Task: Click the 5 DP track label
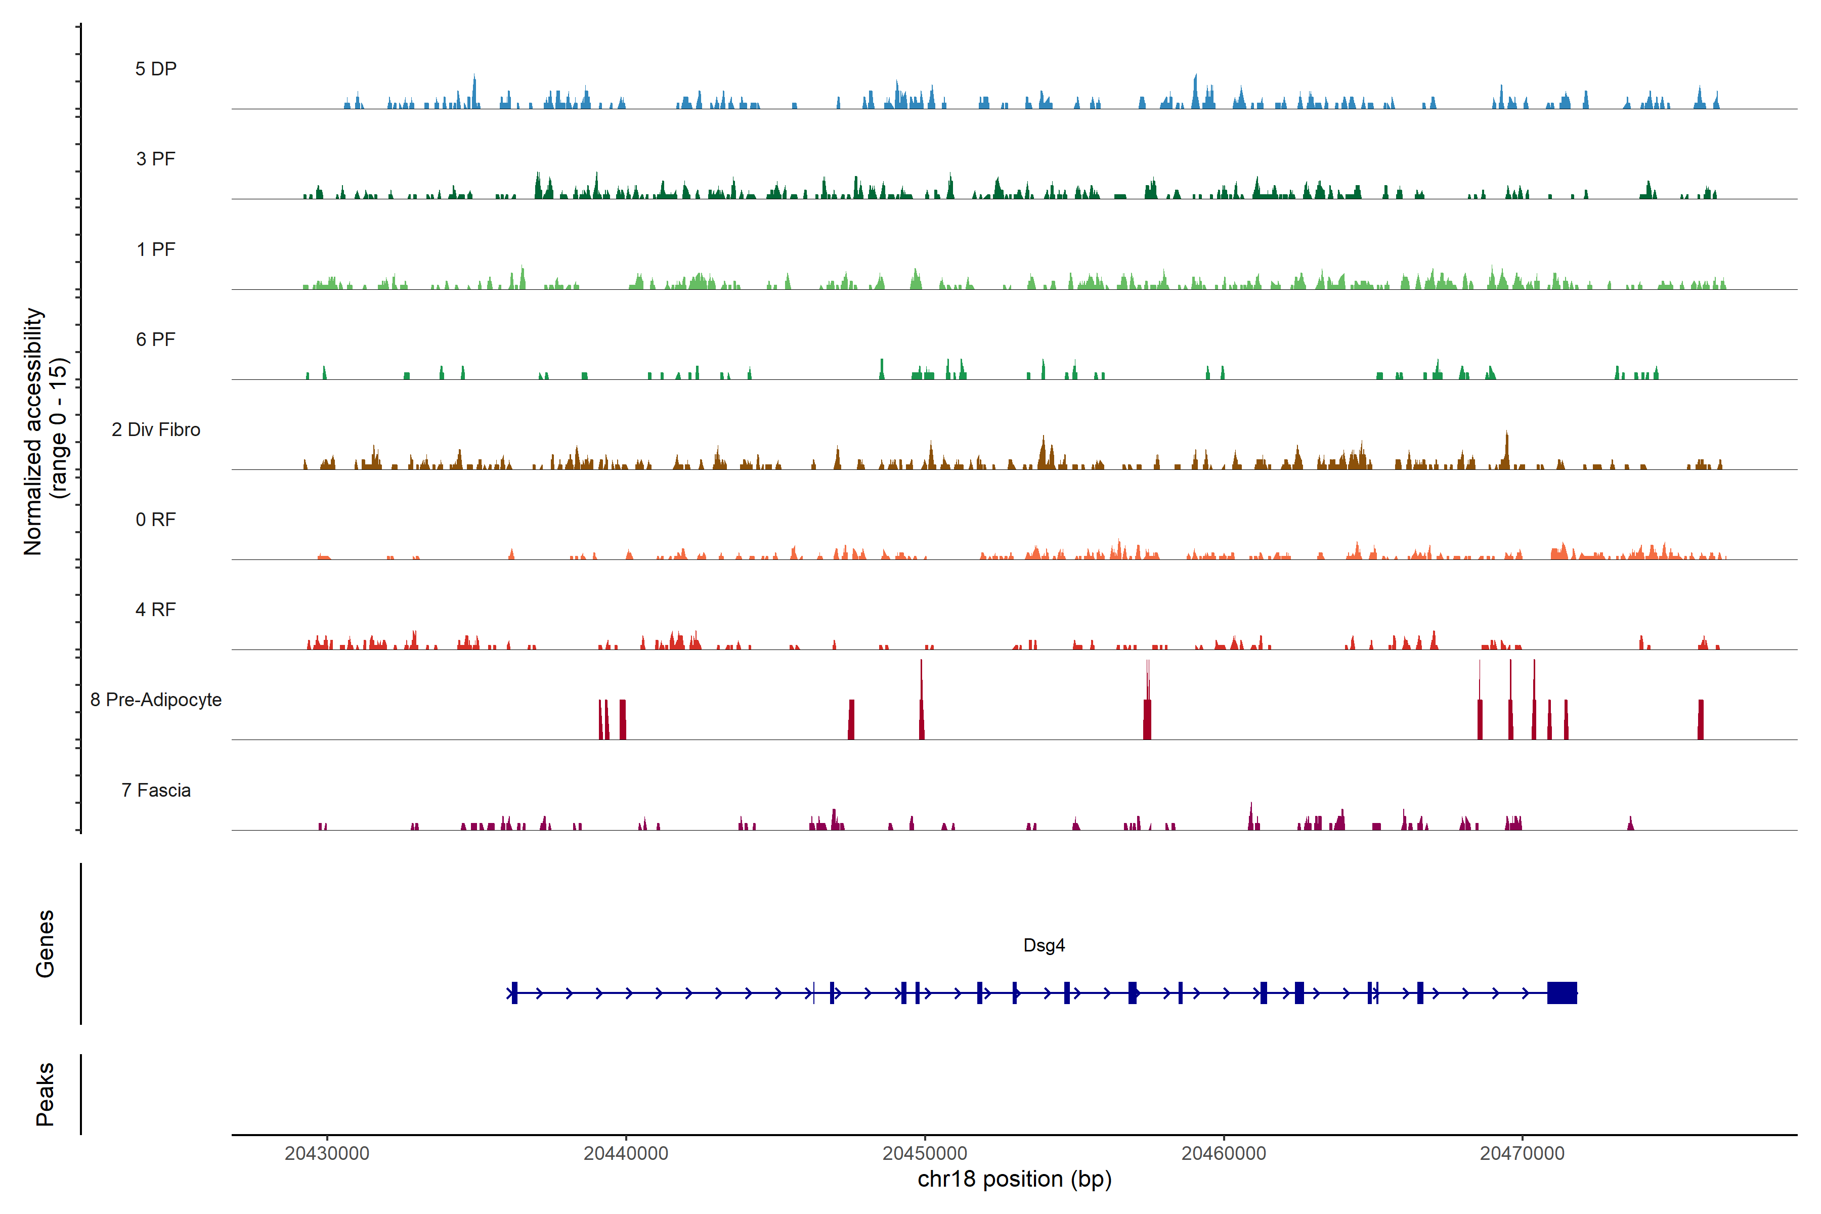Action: point(156,69)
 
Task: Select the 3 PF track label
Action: point(156,159)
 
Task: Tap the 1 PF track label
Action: point(156,249)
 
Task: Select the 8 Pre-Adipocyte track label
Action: point(156,700)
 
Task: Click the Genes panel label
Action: point(45,944)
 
